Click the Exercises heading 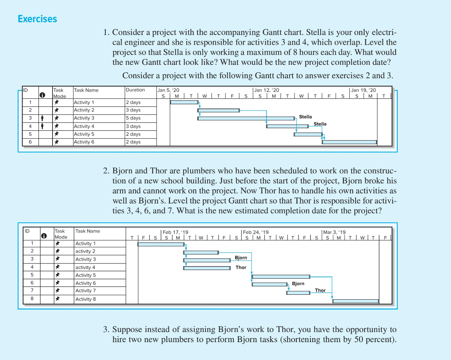(x=37, y=19)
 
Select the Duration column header (x=135, y=90)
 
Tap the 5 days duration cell (x=133, y=118)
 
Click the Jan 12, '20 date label (x=266, y=90)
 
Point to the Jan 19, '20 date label (x=363, y=90)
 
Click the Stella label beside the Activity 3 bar (x=305, y=117)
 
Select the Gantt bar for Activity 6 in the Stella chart (x=349, y=142)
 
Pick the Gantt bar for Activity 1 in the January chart (x=184, y=102)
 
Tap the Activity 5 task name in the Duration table (x=84, y=134)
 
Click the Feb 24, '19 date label (x=256, y=232)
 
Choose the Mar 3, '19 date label (x=335, y=232)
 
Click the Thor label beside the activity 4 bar (x=241, y=268)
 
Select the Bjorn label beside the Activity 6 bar (x=298, y=284)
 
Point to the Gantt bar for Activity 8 (x=356, y=301)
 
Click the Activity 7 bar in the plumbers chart (x=298, y=293)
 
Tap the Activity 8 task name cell (x=85, y=299)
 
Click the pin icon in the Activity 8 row (x=57, y=299)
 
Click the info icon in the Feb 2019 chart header (x=44, y=236)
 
